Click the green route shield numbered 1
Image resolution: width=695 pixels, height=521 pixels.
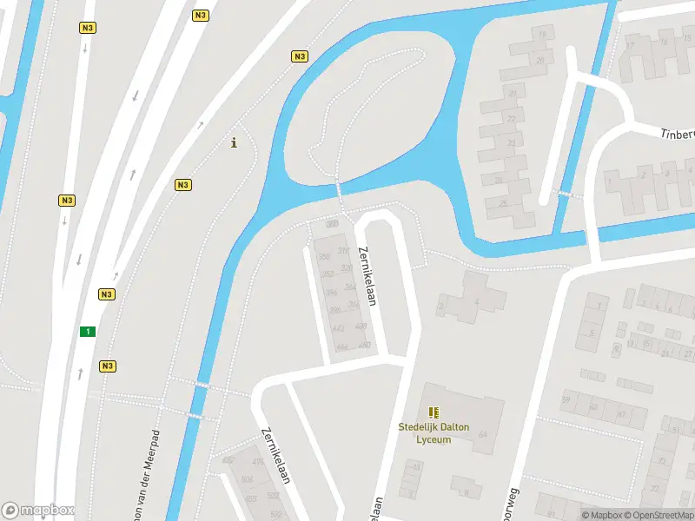point(87,332)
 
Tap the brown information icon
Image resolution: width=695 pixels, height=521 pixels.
point(234,143)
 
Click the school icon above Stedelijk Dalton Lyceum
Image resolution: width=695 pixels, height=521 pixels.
point(434,412)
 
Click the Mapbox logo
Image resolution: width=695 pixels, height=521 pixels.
point(37,511)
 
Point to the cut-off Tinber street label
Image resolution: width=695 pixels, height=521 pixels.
point(677,134)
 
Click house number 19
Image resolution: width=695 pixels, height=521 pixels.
point(542,34)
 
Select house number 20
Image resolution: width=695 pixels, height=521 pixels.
point(539,60)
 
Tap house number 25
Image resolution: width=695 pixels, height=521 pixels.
point(503,205)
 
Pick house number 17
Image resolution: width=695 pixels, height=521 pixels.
point(630,43)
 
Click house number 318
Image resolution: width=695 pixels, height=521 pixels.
point(343,250)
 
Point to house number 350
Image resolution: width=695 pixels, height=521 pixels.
point(324,257)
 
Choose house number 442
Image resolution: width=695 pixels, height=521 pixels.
point(338,327)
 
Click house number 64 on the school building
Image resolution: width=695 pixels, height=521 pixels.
point(482,434)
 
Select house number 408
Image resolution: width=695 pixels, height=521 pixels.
point(362,326)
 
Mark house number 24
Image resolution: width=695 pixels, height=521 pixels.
point(498,181)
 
